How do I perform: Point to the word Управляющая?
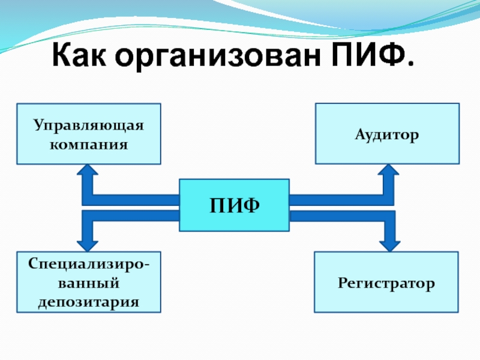tap(89, 126)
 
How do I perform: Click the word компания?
tap(89, 144)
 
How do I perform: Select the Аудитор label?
tap(387, 136)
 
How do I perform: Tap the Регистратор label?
tap(386, 282)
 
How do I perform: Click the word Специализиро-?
tap(89, 265)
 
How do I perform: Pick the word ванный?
tap(89, 282)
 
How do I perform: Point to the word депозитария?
tap(89, 300)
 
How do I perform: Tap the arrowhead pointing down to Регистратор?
tap(388, 242)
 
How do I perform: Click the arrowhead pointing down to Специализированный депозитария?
tap(89, 242)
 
